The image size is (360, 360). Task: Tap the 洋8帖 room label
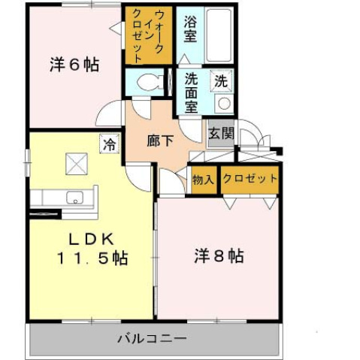tap(216, 256)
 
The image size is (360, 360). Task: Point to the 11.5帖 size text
tap(91, 259)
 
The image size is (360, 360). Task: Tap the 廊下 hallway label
tap(159, 140)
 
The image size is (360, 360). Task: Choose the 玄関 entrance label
tap(221, 134)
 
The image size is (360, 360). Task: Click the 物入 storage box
tap(203, 180)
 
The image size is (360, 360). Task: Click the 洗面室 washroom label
tap(192, 92)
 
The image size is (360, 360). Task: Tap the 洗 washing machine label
tap(222, 79)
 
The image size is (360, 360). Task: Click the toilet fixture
tap(148, 83)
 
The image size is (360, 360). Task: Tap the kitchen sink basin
tap(75, 198)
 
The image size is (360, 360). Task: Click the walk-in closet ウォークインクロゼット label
tap(148, 35)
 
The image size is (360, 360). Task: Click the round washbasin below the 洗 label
tap(223, 103)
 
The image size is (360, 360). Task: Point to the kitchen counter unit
tap(64, 198)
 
